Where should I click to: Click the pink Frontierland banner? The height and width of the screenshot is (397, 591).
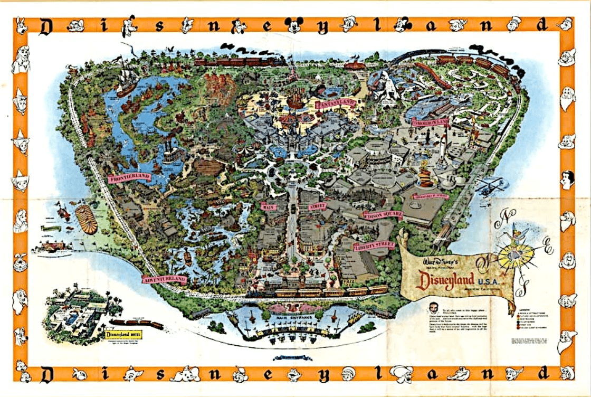coord(129,177)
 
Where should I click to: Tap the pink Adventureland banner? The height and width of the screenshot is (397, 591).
coord(165,278)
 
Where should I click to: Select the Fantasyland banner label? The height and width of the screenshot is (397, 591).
coord(336,105)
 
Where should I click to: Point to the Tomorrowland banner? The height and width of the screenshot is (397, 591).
coord(431,122)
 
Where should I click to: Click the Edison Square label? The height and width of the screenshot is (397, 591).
coord(383,215)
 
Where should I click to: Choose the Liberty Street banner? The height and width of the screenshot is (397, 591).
coord(374,245)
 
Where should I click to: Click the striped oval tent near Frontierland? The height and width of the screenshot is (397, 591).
coord(87,219)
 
